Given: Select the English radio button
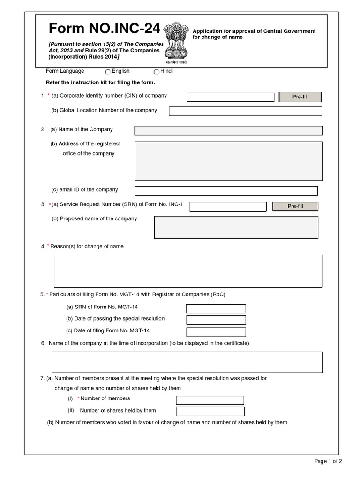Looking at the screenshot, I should click(108, 72).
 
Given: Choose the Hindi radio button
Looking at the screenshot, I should click(157, 72).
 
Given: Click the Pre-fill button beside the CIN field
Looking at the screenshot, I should click(300, 97).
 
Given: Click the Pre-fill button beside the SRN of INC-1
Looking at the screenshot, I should click(295, 206).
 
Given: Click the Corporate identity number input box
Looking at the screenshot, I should click(230, 97).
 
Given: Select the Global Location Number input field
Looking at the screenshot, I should click(245, 111).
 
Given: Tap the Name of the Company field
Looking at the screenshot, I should click(228, 130).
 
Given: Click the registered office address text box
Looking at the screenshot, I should click(228, 161).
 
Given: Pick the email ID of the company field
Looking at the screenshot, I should click(226, 191).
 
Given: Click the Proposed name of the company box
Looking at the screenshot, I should click(236, 227).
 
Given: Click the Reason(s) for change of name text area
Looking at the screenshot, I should click(188, 270).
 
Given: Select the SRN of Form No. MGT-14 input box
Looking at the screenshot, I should click(216, 308).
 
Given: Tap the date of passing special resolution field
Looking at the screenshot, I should click(216, 320).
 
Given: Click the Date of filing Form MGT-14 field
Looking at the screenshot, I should click(216, 332).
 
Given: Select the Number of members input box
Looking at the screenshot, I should click(210, 400).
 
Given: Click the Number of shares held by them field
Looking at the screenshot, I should click(210, 412).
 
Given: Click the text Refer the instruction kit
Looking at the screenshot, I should click(100, 82).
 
